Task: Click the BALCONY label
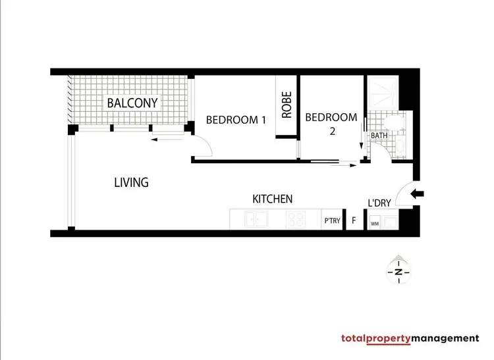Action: (132, 103)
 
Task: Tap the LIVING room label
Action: (131, 182)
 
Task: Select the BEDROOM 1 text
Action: (236, 120)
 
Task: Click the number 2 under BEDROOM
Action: (333, 131)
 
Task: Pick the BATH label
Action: (379, 136)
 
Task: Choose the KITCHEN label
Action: (273, 199)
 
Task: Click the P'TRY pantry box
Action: (332, 221)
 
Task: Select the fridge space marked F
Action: (354, 221)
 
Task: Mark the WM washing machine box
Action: (374, 224)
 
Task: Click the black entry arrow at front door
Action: (418, 193)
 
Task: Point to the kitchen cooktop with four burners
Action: (295, 220)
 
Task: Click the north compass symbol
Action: (398, 270)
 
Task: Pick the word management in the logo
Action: (446, 338)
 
